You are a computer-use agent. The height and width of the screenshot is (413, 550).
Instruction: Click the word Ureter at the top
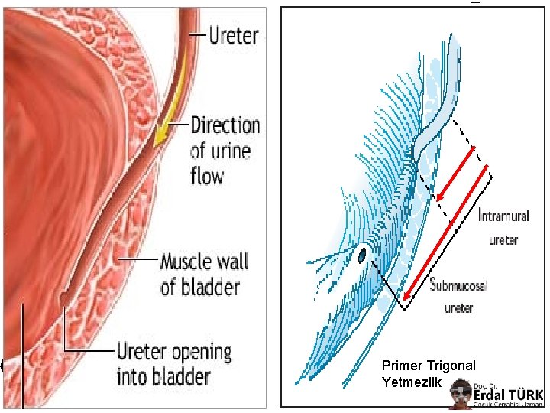[x=234, y=35]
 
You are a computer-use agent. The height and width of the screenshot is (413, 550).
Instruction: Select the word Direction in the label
[x=225, y=125]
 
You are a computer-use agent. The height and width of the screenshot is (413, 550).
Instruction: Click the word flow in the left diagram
[x=207, y=176]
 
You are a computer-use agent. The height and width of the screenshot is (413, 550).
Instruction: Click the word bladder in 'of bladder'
[x=210, y=288]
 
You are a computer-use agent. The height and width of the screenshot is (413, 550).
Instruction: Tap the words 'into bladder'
[x=163, y=376]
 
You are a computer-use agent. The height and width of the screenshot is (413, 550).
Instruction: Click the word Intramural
[x=509, y=216]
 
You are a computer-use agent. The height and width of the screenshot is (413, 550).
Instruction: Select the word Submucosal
[x=458, y=286]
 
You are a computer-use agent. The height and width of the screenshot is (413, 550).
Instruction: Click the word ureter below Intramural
[x=503, y=239]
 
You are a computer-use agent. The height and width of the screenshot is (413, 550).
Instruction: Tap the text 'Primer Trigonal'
[x=429, y=366]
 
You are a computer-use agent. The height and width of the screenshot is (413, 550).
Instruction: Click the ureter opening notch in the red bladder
[x=63, y=297]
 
